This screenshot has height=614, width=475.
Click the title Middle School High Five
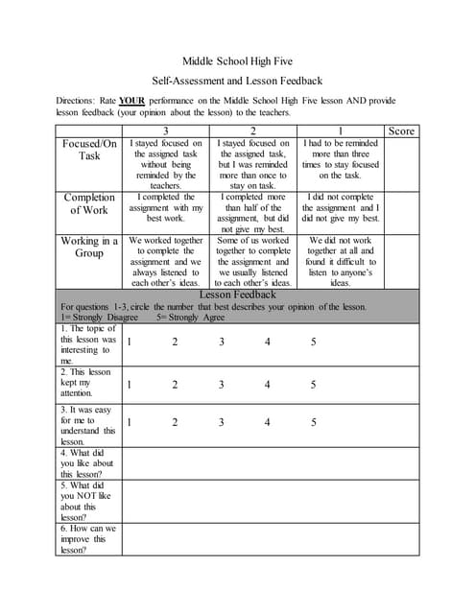(237, 62)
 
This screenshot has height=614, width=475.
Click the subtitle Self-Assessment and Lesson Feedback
(237, 82)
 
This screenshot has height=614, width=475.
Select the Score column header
(401, 130)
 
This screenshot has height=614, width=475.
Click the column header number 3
(166, 130)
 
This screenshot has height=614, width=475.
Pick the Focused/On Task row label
(89, 150)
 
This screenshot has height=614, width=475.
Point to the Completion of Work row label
(89, 203)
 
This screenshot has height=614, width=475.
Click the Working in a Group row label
(89, 248)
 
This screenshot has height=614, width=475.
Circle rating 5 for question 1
(314, 342)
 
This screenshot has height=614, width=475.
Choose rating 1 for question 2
(129, 385)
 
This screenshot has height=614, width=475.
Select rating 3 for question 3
(222, 422)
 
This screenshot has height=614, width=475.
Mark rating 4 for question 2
(268, 385)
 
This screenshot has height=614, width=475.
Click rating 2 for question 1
(175, 342)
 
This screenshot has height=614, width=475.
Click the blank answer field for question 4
(269, 463)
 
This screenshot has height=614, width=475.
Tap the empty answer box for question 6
(269, 538)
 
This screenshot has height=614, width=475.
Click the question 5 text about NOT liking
(87, 501)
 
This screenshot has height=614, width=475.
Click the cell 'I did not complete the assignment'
(341, 207)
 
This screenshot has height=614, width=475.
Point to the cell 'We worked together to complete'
(166, 261)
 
